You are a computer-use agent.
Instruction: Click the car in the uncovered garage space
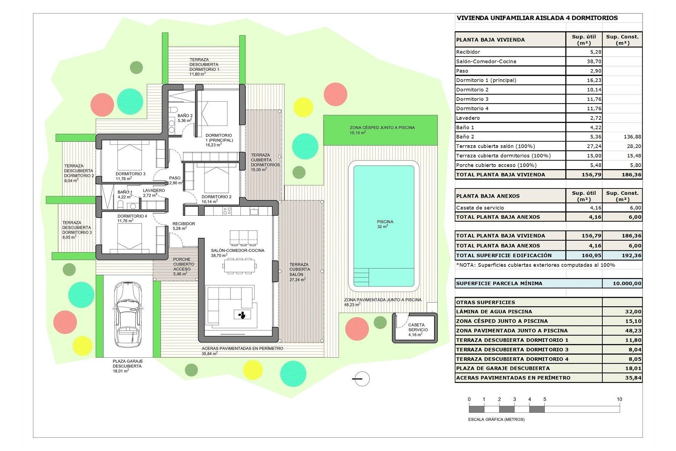point(129,314)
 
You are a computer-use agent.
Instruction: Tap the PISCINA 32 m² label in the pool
point(385,224)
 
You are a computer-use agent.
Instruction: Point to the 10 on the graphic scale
point(619,399)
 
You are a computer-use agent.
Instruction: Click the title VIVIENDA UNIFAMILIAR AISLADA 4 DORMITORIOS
point(537,18)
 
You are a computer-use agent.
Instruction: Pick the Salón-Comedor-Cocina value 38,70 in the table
point(594,61)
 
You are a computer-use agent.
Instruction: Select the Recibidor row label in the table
point(468,52)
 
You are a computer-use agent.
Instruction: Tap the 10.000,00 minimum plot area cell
point(627,283)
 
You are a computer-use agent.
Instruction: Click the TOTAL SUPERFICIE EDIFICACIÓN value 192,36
point(632,255)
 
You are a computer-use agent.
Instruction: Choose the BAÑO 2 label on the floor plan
point(185,118)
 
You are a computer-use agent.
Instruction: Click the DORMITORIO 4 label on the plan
point(132,218)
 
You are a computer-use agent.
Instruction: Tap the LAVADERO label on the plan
point(154,193)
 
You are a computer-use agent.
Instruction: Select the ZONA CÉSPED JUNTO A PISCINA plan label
point(382,130)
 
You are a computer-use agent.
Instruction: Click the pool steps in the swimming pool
point(361,277)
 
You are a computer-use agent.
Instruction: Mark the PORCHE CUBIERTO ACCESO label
point(183,267)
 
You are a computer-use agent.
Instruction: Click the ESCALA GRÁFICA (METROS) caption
point(496,419)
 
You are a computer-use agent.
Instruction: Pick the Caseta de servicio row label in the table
point(480,208)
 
